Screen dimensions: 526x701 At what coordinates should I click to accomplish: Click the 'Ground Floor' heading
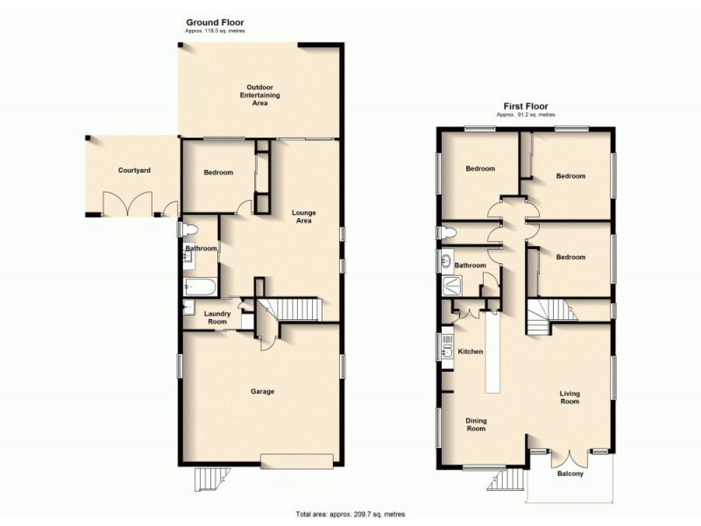click(x=215, y=21)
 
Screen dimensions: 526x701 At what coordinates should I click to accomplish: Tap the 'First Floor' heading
click(x=525, y=105)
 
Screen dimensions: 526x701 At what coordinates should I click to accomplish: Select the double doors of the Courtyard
click(x=120, y=207)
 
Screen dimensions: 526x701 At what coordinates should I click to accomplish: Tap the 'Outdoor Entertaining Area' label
click(x=259, y=95)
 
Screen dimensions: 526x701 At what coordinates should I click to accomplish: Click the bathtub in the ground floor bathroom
click(x=200, y=285)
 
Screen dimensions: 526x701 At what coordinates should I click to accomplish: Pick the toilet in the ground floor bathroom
click(x=184, y=230)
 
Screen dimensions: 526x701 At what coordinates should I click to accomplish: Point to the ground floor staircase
click(x=294, y=309)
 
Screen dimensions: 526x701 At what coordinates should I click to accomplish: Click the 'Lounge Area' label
click(x=303, y=217)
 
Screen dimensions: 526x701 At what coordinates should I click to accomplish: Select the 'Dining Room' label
click(x=476, y=425)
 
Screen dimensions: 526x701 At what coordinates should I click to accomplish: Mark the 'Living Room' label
click(x=570, y=399)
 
